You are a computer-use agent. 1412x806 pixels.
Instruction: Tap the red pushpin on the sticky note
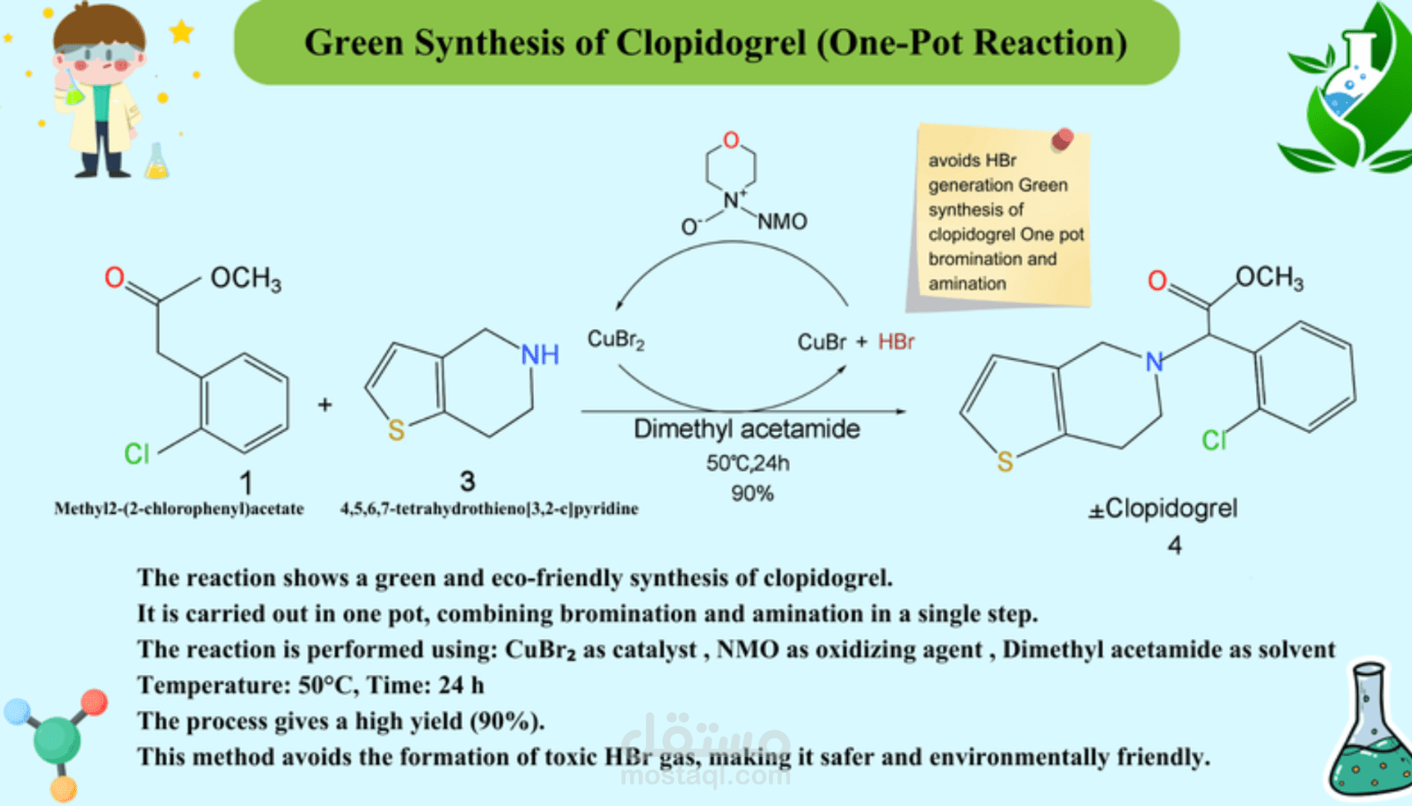(x=1062, y=140)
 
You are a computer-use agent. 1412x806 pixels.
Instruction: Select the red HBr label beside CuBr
(x=896, y=342)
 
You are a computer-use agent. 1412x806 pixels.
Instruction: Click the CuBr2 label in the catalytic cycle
(x=615, y=339)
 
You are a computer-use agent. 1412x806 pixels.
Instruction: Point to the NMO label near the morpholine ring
(x=782, y=221)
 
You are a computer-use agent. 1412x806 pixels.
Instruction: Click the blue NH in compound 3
(x=540, y=355)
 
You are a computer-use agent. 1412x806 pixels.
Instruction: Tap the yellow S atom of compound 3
(x=396, y=430)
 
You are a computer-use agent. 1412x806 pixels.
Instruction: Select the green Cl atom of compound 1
(x=136, y=454)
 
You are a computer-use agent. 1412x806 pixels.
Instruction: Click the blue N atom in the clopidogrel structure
(x=1154, y=361)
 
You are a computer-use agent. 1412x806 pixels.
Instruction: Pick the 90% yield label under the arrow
(x=752, y=494)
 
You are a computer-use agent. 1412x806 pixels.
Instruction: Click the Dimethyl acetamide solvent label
(x=747, y=429)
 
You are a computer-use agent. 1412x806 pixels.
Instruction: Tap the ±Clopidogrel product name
(x=1163, y=508)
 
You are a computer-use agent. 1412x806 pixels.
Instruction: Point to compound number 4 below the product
(x=1174, y=545)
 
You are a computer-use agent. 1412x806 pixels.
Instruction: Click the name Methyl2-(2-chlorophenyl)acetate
(x=179, y=509)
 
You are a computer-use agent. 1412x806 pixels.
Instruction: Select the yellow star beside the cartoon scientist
(x=181, y=32)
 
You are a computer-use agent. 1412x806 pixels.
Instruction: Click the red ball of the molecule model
(x=94, y=702)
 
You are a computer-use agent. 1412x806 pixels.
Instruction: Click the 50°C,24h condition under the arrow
(x=748, y=463)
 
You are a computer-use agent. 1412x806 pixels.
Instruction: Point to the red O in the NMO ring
(x=731, y=140)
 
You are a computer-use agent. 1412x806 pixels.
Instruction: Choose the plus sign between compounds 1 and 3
(x=325, y=405)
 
